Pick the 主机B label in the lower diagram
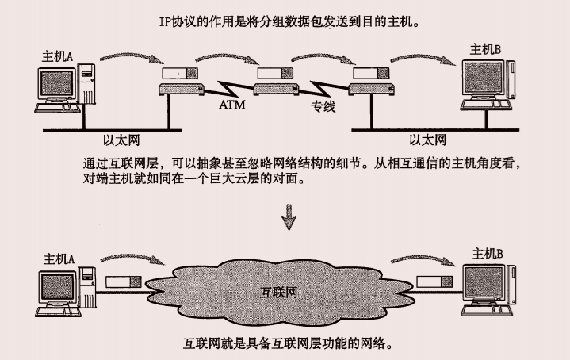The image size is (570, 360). (488, 253)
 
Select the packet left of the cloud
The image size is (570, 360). (123, 282)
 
